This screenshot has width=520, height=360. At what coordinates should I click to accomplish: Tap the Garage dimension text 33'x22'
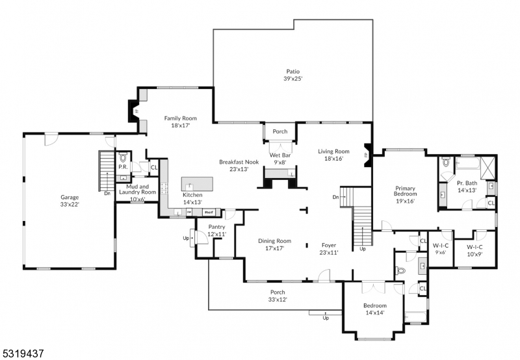click(x=70, y=204)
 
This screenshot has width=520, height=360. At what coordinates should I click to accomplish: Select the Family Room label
click(x=180, y=118)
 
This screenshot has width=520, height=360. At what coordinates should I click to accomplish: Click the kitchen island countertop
click(x=197, y=182)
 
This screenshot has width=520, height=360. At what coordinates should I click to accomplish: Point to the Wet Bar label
click(x=279, y=156)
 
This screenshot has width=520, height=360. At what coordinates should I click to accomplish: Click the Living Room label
click(x=333, y=151)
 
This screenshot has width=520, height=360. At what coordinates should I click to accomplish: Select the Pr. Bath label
click(x=467, y=183)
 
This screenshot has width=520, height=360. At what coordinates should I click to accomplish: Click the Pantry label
click(x=216, y=227)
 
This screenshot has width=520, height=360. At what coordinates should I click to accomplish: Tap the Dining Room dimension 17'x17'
click(x=274, y=248)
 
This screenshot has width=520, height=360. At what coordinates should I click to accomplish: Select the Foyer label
click(x=329, y=245)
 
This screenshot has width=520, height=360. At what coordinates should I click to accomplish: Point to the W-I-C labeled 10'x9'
click(x=478, y=250)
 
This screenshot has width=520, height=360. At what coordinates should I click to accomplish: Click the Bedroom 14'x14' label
click(x=374, y=305)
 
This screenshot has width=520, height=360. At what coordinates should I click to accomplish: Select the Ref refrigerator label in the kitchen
click(x=209, y=212)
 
